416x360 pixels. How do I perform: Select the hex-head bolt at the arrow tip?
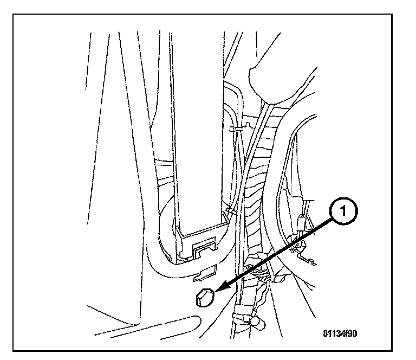(204, 298)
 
